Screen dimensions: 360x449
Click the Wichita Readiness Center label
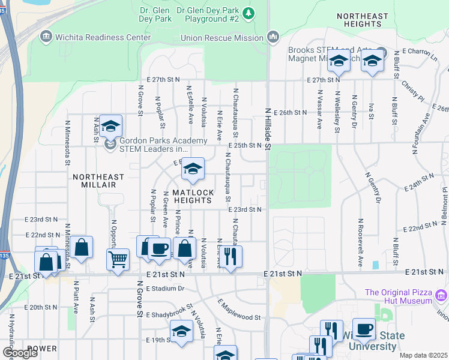tap(103, 37)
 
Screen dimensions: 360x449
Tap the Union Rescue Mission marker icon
tap(273, 38)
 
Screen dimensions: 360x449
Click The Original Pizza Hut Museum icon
tap(442, 295)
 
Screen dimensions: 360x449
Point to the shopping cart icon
tap(118, 260)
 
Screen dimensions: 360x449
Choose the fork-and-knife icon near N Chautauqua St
tap(231, 256)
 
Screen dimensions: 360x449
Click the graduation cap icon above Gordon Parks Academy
tap(110, 126)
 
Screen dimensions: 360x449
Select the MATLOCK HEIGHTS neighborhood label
tap(193, 196)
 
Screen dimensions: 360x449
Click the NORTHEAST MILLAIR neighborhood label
tap(98, 181)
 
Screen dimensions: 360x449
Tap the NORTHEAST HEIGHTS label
tap(359, 19)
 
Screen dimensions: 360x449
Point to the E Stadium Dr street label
tap(164, 289)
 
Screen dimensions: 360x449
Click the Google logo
tap(19, 352)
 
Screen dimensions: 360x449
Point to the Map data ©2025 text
tap(423, 355)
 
